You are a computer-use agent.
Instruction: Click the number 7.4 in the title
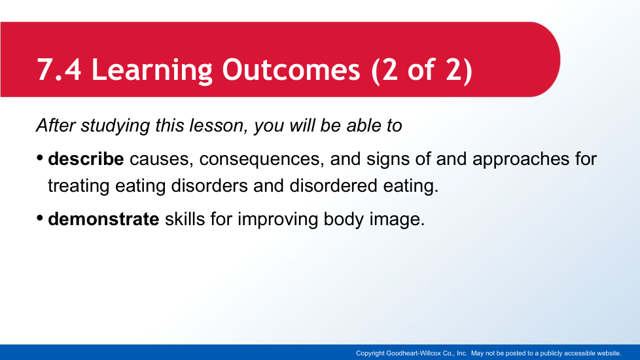click(x=59, y=69)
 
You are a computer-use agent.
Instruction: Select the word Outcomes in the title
click(x=291, y=69)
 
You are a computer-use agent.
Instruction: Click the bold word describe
click(x=86, y=159)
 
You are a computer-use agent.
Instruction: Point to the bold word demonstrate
click(x=103, y=219)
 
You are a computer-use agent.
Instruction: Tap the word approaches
click(x=521, y=160)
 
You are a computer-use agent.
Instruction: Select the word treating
click(x=79, y=186)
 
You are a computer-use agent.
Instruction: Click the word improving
click(x=277, y=219)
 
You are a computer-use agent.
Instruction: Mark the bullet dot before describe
click(x=40, y=158)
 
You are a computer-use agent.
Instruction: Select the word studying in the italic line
click(x=115, y=126)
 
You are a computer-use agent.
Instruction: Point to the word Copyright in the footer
click(x=370, y=353)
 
